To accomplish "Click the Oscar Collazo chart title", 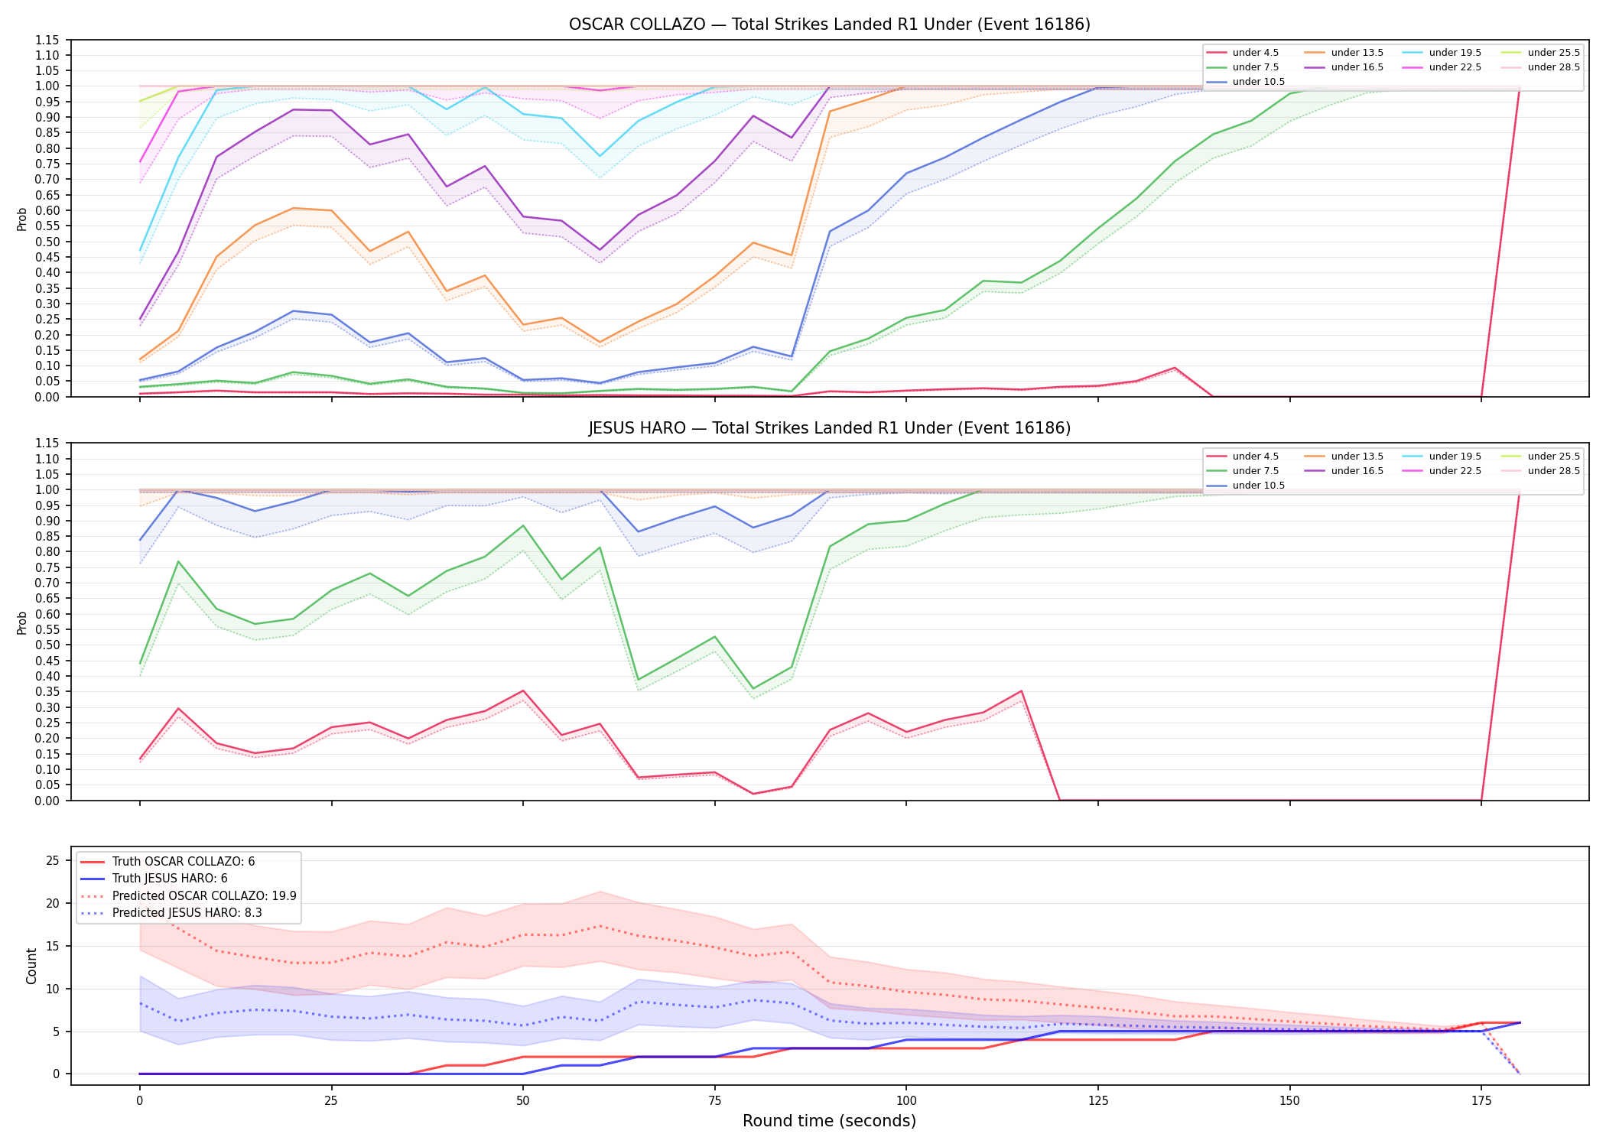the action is tap(829, 24).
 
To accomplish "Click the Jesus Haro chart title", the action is tap(829, 428).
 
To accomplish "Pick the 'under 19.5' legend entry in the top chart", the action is tap(1442, 53).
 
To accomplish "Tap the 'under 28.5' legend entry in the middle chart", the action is tap(1541, 471).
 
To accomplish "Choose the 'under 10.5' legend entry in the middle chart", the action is tap(1246, 486).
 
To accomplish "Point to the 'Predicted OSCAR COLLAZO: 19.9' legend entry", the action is tap(188, 896).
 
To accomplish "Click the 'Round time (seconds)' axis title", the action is tap(829, 1121).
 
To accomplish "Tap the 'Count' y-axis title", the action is tap(31, 966).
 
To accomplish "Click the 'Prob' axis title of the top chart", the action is tap(22, 219).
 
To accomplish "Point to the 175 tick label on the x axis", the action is tap(1481, 1101).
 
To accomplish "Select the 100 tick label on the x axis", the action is tap(906, 1101).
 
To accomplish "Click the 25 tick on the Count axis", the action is tap(53, 861).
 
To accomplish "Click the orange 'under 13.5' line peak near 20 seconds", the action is tap(293, 208).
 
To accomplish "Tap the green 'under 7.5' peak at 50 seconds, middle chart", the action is tap(523, 525).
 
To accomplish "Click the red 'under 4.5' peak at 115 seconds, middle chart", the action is tap(1021, 691).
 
